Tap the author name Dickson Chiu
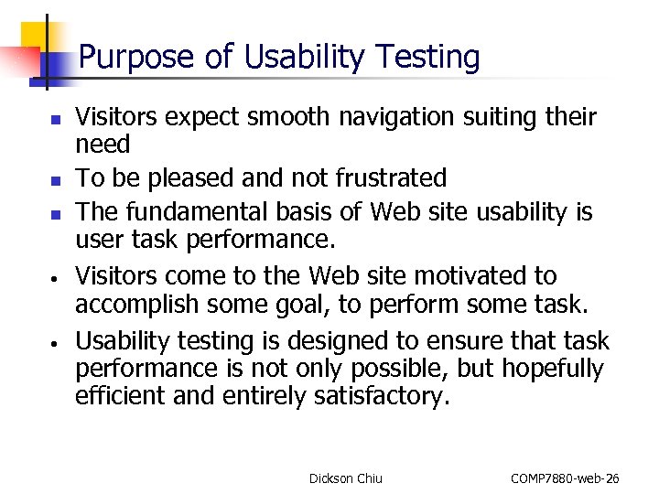click(x=346, y=478)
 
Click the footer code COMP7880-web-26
click(x=565, y=478)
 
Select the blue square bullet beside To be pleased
click(x=55, y=178)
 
